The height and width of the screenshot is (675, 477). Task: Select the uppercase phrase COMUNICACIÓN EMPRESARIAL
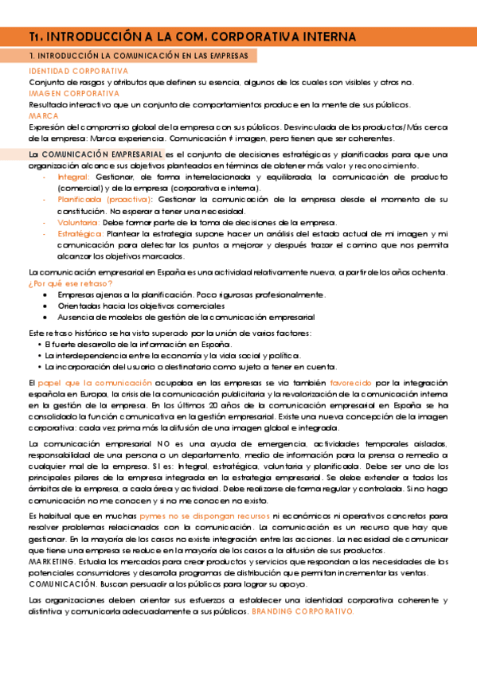tap(102, 153)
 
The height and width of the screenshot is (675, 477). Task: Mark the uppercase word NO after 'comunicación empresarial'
tap(163, 443)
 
